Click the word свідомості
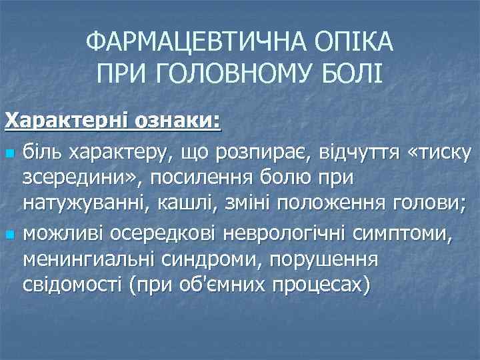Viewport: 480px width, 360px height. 75,285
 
